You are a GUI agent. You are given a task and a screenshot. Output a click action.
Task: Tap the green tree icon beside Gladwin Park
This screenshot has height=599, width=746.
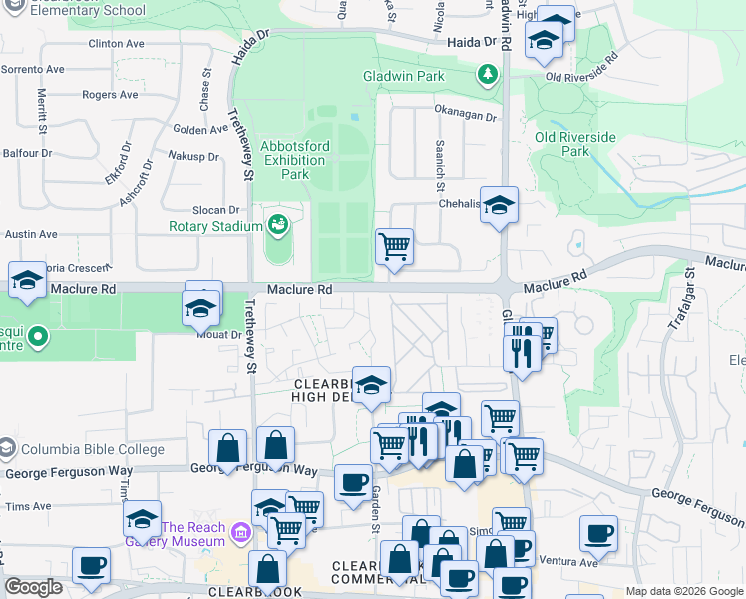487,75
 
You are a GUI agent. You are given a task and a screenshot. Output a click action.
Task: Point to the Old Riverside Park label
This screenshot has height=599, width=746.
575,144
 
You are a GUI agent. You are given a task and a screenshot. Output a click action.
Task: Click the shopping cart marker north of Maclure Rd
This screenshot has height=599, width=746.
394,246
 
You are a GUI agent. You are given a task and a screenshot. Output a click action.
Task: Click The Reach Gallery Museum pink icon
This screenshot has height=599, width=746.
239,534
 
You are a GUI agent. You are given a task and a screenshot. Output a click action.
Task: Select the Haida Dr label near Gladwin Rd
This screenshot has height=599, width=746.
472,42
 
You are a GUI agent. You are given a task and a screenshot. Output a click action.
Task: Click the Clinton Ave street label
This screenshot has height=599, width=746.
117,44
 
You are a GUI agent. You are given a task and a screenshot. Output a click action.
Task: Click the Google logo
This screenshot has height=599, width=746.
34,587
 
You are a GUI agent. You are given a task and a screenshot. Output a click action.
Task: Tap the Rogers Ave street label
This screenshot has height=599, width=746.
110,95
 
